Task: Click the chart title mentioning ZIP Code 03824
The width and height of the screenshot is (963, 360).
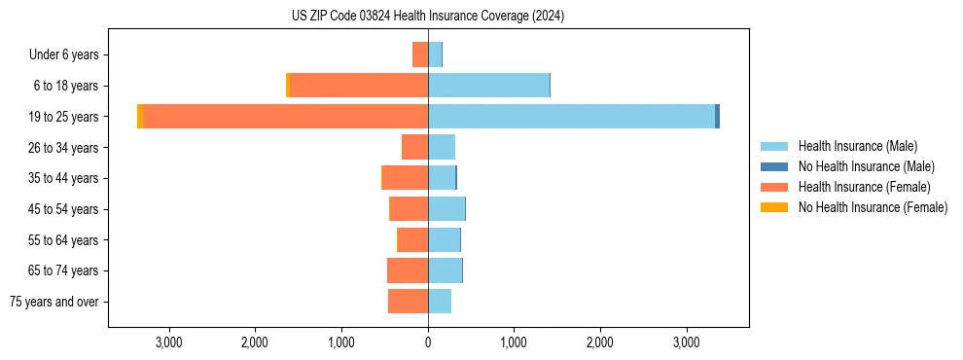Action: pos(427,17)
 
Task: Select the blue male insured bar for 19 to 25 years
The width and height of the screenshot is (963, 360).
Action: pos(571,117)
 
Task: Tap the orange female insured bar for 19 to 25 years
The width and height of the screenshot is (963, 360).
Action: pos(286,117)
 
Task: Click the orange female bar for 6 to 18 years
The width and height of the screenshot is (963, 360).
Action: pos(359,86)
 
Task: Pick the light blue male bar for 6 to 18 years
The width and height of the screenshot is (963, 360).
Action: pos(488,86)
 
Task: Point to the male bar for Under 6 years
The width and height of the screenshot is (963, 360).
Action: pos(435,54)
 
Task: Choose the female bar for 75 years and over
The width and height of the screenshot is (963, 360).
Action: pos(409,302)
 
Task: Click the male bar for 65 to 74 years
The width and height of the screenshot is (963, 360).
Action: pos(445,270)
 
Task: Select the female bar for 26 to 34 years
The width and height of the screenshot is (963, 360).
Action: pos(415,147)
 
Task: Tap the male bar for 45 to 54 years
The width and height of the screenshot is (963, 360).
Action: pos(446,209)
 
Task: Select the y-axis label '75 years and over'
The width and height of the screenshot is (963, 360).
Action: pos(54,302)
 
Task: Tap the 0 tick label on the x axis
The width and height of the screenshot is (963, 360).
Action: pos(428,342)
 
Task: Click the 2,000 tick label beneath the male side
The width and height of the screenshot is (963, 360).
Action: pos(600,342)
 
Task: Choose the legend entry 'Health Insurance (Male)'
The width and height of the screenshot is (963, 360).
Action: pos(857,146)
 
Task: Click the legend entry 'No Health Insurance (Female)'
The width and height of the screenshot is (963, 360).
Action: pos(873,207)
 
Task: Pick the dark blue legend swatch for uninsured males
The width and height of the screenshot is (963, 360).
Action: pos(774,166)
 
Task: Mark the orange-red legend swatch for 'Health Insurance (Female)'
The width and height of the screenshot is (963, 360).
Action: pos(774,187)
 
